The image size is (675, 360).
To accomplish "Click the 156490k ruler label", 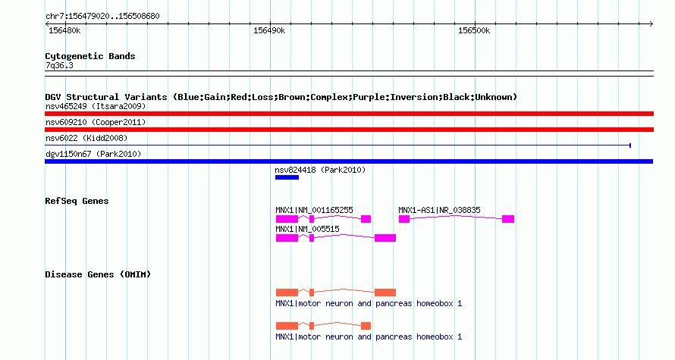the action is click(269, 31).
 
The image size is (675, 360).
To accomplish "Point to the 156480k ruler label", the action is click(64, 31).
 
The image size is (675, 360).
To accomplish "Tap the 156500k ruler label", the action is click(474, 31).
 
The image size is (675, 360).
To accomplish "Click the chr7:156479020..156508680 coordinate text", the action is click(102, 17).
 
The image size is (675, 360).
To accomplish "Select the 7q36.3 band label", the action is click(59, 65).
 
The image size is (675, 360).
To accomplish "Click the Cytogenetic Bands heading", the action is click(90, 56).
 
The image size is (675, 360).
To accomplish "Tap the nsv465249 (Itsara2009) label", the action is click(96, 106).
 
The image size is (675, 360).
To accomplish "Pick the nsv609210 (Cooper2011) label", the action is click(96, 122).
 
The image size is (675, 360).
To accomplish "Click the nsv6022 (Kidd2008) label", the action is click(86, 138).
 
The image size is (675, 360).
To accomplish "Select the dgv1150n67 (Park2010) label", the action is click(93, 154).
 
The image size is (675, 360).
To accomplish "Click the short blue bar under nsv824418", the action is click(287, 177).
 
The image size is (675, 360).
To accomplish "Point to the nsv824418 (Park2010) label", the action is click(320, 170).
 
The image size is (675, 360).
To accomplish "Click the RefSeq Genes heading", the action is click(77, 201).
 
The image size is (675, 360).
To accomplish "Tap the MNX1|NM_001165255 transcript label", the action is click(314, 211).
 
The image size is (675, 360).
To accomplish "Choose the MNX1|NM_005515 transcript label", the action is click(307, 229).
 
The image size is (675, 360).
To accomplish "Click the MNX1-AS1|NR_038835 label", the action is click(440, 211).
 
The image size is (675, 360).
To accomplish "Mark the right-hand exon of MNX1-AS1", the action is click(508, 219).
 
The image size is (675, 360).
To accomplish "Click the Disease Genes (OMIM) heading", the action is click(98, 274).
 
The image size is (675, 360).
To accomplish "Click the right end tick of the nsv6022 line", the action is click(630, 146).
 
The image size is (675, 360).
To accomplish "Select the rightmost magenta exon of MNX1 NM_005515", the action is click(385, 238).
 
